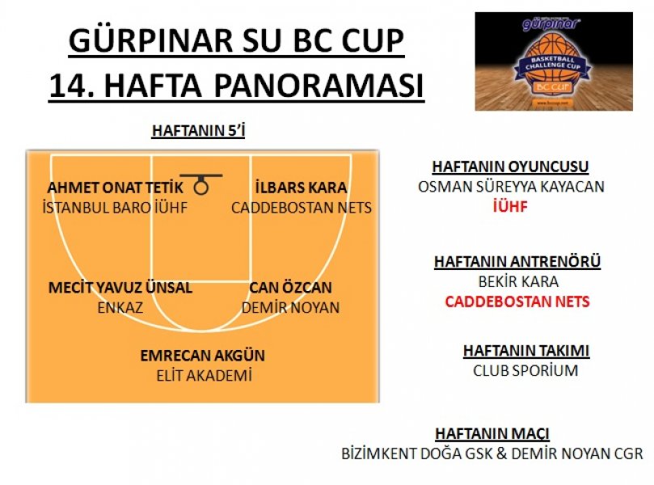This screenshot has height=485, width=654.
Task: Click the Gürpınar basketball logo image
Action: tap(554, 61)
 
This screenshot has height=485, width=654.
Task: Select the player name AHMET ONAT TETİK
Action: tap(115, 188)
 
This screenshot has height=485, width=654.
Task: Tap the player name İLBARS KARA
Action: tap(302, 188)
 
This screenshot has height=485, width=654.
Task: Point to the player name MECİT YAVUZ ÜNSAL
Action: tap(120, 287)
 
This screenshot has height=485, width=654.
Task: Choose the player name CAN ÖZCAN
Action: tap(290, 287)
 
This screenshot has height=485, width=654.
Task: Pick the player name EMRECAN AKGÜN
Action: tap(203, 356)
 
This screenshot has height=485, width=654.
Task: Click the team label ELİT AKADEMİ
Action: tap(204, 376)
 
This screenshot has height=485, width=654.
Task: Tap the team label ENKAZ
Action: tap(120, 308)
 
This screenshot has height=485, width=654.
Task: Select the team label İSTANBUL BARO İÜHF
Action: tap(115, 208)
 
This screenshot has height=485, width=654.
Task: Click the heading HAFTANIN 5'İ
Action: tap(199, 130)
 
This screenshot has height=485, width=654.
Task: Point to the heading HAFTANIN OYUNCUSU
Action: tap(510, 167)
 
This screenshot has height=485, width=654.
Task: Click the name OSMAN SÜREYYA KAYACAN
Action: tap(511, 187)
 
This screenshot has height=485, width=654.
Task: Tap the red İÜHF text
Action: tap(510, 207)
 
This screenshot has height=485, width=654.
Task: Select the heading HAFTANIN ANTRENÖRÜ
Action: tap(517, 262)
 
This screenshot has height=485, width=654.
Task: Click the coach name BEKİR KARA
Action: tap(518, 282)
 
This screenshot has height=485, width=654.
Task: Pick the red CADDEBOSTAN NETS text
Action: tap(517, 302)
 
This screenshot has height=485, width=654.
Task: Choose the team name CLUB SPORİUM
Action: tap(525, 371)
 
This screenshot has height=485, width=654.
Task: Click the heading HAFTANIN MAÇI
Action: tap(492, 434)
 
